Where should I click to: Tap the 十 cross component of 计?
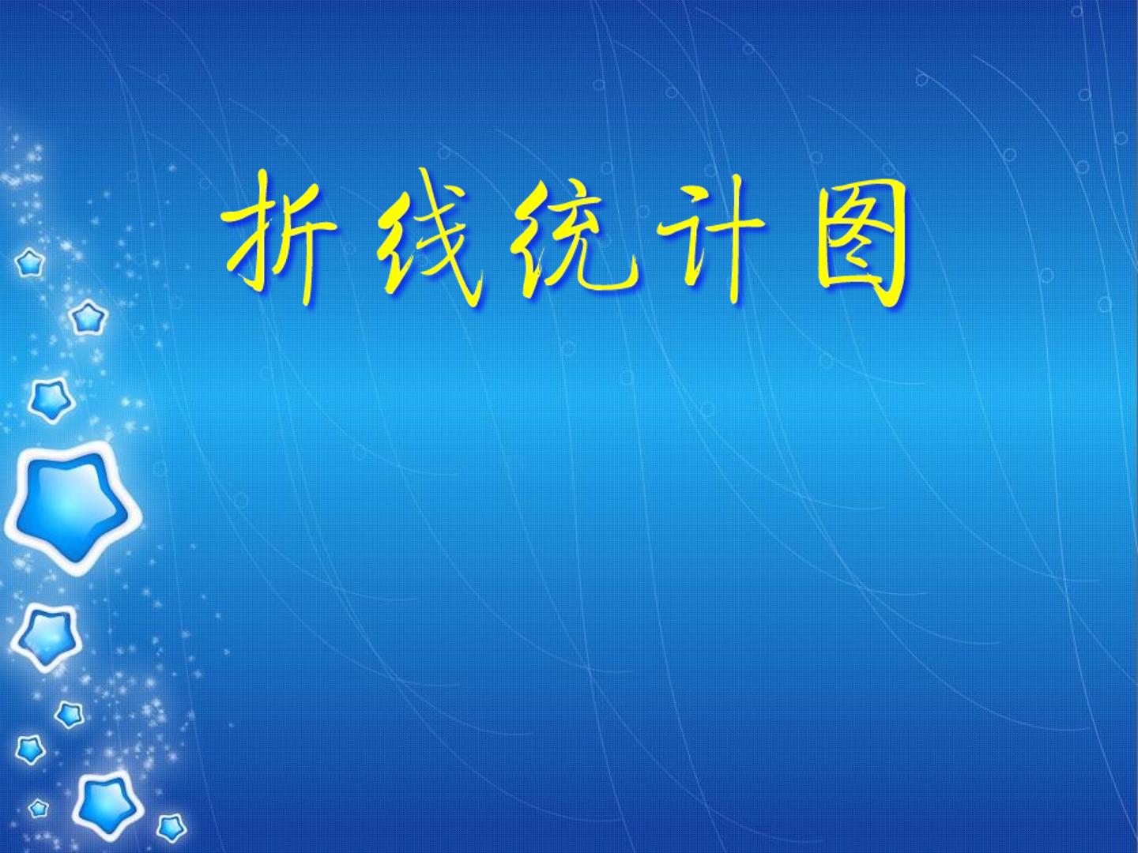coord(732,241)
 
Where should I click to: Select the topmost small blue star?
coord(29,262)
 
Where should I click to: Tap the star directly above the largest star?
coord(51,400)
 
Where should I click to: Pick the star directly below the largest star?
coord(47,638)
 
